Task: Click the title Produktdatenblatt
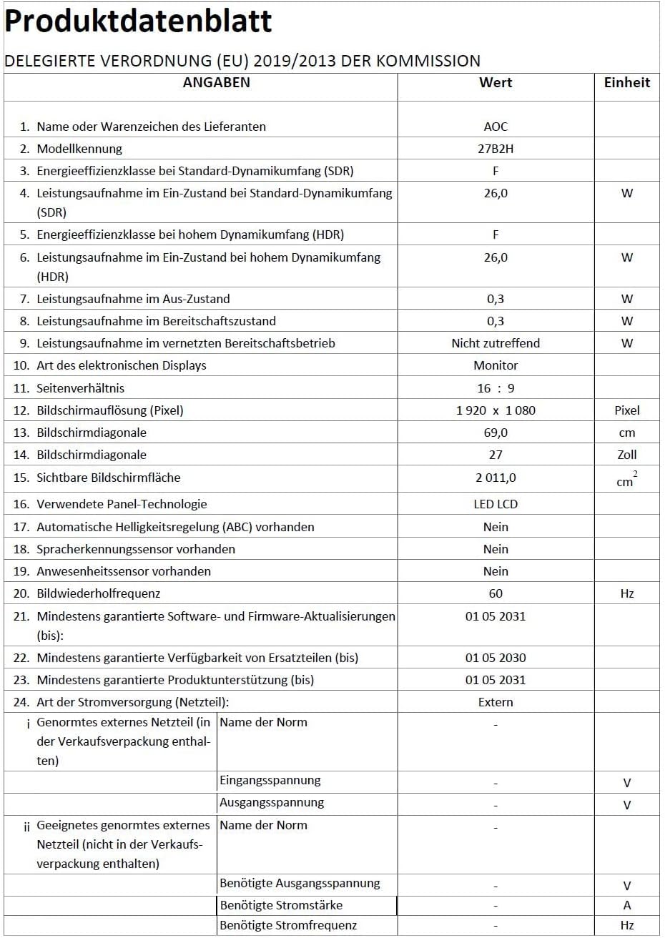pos(138,21)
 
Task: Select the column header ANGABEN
pos(217,82)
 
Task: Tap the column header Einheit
pos(627,82)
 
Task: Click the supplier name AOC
pos(496,127)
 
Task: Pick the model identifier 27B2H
pos(496,149)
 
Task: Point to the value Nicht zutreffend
pos(496,343)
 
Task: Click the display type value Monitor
pos(496,365)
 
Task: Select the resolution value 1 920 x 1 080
pos(496,410)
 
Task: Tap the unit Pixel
pos(627,410)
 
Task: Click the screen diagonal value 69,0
pos(496,433)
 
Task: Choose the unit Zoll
pos(627,455)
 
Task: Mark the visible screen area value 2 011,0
pos(496,478)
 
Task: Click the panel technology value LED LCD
pos(496,504)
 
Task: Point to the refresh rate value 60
pos(496,593)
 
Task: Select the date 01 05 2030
pos(496,658)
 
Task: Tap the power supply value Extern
pos(496,702)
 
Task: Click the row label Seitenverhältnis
pos(80,388)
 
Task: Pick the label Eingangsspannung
pos(270,781)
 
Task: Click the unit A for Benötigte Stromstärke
pos(627,905)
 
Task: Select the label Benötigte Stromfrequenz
pos(288,926)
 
